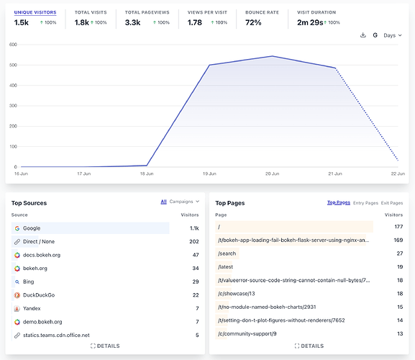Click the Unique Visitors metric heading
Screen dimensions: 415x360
35,12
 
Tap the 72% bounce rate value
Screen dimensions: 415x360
253,22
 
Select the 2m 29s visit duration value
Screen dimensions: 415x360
310,22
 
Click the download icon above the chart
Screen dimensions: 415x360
363,35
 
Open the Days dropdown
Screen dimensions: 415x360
393,35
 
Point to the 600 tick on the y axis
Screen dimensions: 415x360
13,45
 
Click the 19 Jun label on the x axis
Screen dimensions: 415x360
209,174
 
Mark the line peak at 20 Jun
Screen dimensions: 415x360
273,56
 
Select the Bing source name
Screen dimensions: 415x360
28,282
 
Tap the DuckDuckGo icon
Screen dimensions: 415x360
17,295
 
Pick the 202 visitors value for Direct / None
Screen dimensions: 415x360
194,242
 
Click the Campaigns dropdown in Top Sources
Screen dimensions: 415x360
184,202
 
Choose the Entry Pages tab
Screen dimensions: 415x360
365,203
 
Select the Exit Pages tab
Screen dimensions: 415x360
392,203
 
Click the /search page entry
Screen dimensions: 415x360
227,253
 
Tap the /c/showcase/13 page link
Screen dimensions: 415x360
237,294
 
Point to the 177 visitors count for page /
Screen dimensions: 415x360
398,227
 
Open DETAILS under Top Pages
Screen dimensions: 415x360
309,346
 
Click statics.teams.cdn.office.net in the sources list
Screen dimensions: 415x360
56,335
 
